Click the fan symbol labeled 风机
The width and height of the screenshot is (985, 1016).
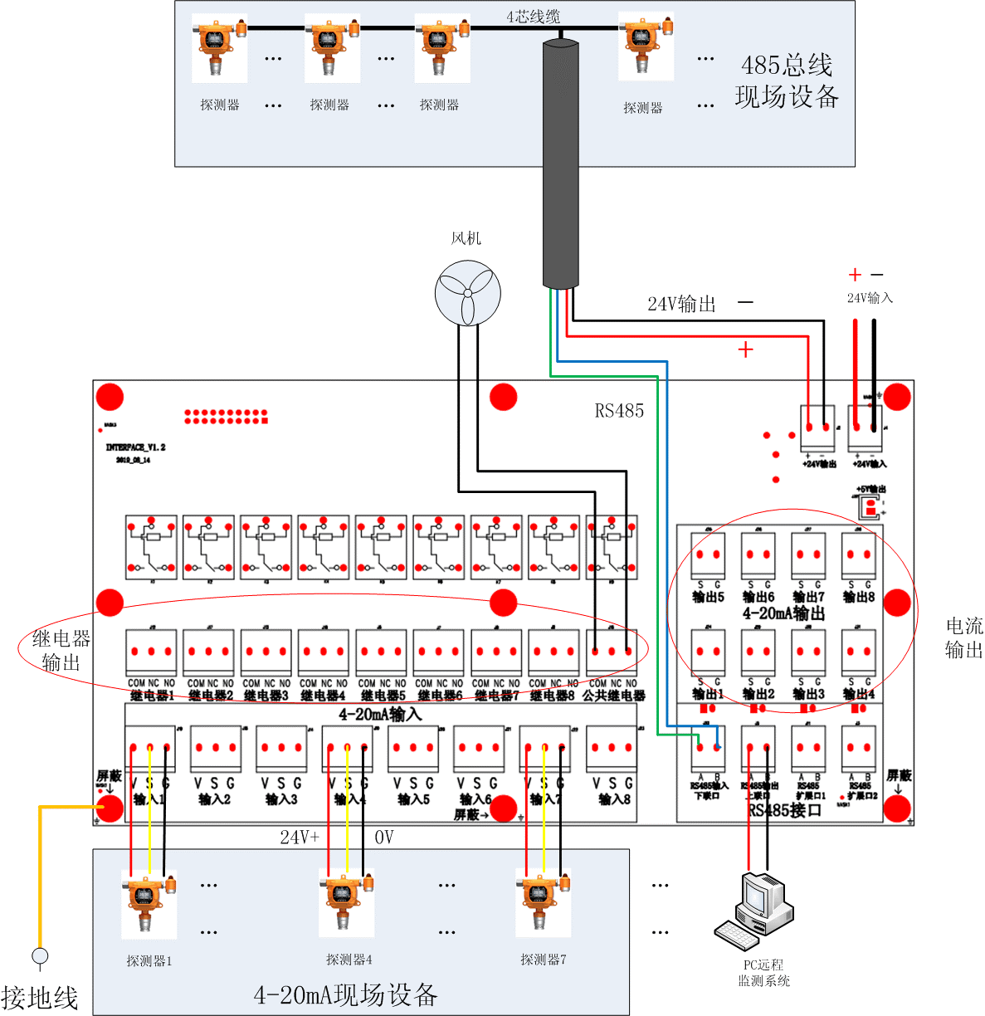[467, 293]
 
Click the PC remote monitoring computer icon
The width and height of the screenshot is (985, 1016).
[753, 910]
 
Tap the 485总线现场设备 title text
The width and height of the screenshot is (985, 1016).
[786, 81]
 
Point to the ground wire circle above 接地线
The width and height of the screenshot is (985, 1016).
[40, 956]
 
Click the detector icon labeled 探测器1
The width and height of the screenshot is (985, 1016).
[149, 905]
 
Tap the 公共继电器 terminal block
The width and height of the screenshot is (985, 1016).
[612, 652]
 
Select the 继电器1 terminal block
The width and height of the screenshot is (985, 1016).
[151, 652]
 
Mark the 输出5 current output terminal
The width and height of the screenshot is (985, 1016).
[708, 554]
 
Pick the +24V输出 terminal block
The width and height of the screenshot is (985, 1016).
[817, 428]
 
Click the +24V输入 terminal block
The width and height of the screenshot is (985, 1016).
[866, 428]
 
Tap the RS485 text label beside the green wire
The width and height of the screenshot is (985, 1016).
[619, 411]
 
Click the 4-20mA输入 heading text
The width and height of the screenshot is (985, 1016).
[380, 714]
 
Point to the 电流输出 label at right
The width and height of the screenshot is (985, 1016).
[963, 637]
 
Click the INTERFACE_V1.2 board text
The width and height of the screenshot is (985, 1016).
[135, 447]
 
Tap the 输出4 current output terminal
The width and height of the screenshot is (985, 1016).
[858, 652]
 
